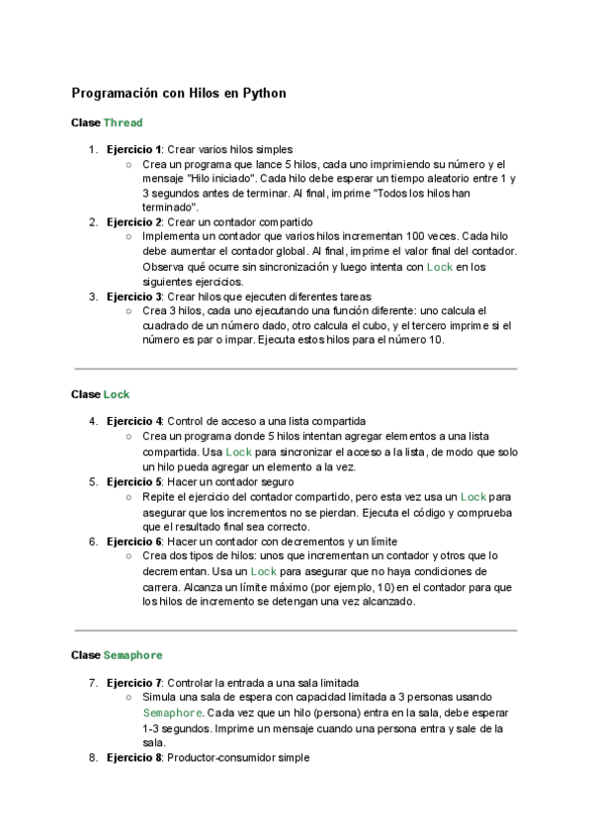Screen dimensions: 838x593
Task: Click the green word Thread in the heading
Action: pos(123,123)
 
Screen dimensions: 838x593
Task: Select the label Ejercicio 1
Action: pos(134,149)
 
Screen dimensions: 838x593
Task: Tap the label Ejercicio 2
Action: pos(134,222)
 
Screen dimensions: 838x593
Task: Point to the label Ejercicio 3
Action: pos(134,295)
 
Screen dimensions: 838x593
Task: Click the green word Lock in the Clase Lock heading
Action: pos(117,394)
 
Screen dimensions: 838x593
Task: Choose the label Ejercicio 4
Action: pos(134,421)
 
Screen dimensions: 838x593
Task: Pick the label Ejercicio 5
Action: pos(134,481)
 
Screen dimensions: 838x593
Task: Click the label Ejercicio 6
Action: pos(134,542)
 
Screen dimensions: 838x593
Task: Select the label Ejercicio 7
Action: pos(134,682)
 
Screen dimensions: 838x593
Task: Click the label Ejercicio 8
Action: pos(134,758)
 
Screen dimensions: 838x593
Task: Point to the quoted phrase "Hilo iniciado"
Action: pos(221,179)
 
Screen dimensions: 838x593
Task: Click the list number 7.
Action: pos(93,682)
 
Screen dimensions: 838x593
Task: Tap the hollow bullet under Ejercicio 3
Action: pos(129,310)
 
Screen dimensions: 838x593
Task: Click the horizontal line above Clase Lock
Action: pos(296,369)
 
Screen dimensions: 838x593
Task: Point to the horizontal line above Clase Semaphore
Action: pos(296,629)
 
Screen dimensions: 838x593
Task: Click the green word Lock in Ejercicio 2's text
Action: pos(440,267)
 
